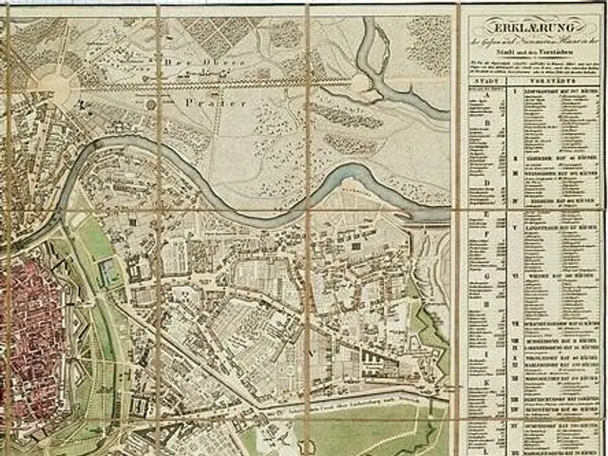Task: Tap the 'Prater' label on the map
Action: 203,100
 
